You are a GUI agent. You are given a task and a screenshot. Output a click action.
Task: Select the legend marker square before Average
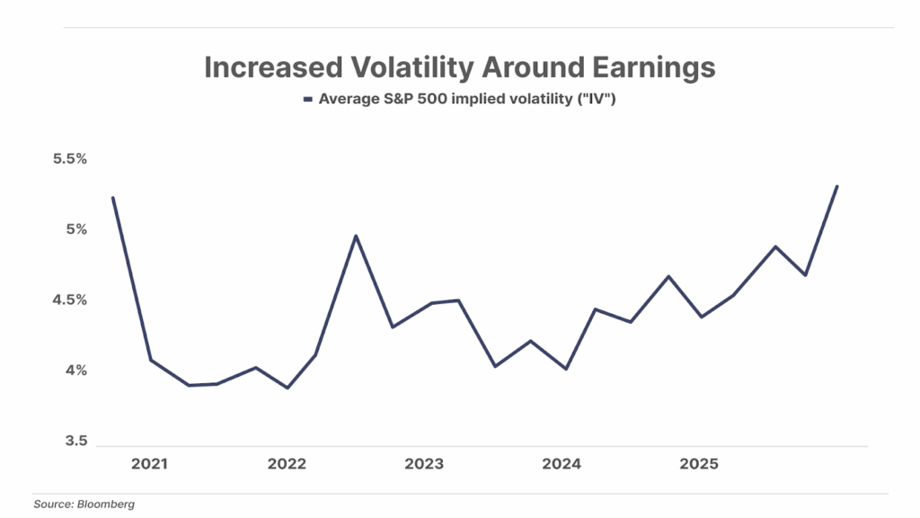coord(307,99)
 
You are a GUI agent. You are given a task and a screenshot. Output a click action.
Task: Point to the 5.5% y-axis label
coord(68,159)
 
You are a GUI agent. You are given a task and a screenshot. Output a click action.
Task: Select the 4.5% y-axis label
coord(68,300)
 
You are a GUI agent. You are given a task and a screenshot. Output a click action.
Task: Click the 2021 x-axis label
coord(150,464)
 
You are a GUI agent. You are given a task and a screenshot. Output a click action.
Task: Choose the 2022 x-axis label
coord(287,464)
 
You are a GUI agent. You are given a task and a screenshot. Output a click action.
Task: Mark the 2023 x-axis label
coord(424,464)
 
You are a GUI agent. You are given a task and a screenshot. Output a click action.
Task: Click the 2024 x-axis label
coord(561,464)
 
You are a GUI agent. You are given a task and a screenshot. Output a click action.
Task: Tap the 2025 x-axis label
coord(698,464)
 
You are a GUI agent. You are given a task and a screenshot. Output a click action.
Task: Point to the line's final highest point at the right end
coord(837,186)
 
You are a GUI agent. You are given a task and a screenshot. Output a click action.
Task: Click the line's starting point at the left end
coord(112,198)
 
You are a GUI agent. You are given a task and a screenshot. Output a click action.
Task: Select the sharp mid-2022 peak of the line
coord(356,236)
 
